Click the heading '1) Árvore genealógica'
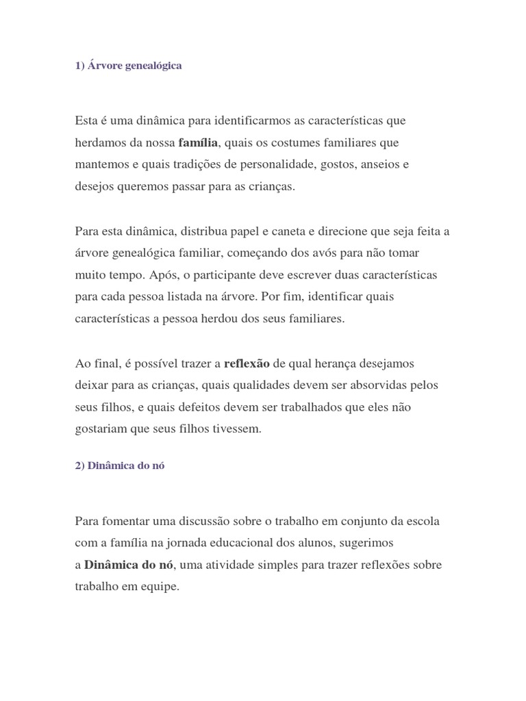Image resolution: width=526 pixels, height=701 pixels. pyautogui.click(x=129, y=66)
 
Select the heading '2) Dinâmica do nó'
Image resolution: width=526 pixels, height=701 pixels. pyautogui.click(x=120, y=465)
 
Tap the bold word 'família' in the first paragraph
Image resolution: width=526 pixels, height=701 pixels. pyautogui.click(x=198, y=143)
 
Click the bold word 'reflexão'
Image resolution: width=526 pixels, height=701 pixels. pyautogui.click(x=247, y=363)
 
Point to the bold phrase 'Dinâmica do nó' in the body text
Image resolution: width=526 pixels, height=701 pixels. pyautogui.click(x=129, y=565)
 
